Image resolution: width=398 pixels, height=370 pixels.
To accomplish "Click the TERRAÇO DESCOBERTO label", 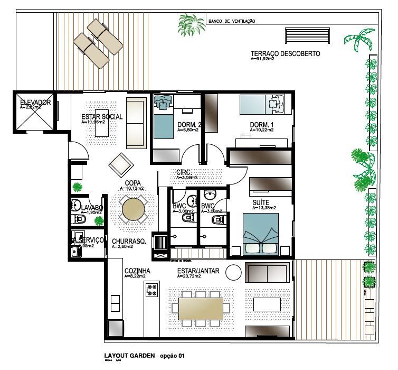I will (285, 54).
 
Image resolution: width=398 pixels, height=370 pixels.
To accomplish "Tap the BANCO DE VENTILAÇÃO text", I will (232, 22).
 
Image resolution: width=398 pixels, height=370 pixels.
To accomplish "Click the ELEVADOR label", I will (35, 102).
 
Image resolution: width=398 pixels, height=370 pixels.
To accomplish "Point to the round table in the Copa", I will (136, 209).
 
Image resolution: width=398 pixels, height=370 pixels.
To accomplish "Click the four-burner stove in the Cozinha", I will (152, 290).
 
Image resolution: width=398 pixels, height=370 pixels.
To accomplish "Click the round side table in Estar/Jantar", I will (232, 272).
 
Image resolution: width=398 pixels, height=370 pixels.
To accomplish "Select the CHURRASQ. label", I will (129, 242).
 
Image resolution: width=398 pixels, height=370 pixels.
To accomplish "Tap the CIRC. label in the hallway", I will (184, 172).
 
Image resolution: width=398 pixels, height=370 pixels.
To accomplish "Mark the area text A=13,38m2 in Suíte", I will (263, 208).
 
